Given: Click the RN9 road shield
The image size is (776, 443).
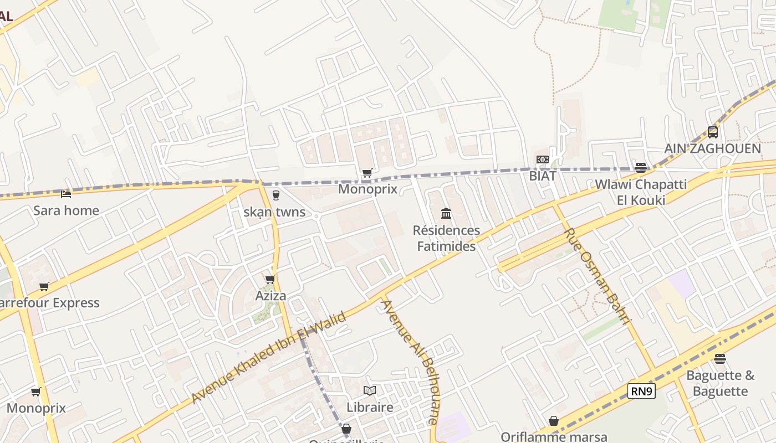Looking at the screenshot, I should point(642,392).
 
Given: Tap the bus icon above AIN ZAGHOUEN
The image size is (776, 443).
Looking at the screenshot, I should point(713,132).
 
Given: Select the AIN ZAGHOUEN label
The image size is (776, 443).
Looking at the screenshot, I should point(713,148).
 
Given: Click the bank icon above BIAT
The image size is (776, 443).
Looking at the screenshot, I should point(543,159).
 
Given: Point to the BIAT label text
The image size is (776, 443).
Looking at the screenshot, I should point(543,176).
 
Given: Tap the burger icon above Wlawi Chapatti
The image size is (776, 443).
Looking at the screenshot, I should point(641,168).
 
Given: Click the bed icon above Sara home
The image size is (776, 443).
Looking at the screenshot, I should point(66,194).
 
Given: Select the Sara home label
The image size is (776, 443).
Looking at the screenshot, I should point(66,210).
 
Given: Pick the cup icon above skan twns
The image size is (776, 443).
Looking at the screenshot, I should point(275,195).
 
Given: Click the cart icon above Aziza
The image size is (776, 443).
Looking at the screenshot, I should point(270,279).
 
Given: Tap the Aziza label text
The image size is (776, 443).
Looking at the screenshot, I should point(270,296).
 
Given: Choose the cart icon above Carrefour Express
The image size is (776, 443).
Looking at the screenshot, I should point(44,286).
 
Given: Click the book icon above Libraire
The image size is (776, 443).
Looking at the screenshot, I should point(370,390).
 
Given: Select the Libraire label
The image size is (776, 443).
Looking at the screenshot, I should point(370,407).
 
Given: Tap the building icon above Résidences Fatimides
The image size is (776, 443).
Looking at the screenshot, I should point(446,214).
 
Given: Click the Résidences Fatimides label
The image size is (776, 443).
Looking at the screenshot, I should point(446,238).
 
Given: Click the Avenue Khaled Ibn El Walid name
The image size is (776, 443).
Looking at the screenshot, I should point(269,357).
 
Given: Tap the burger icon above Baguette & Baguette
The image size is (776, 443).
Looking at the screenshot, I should point(720,359).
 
